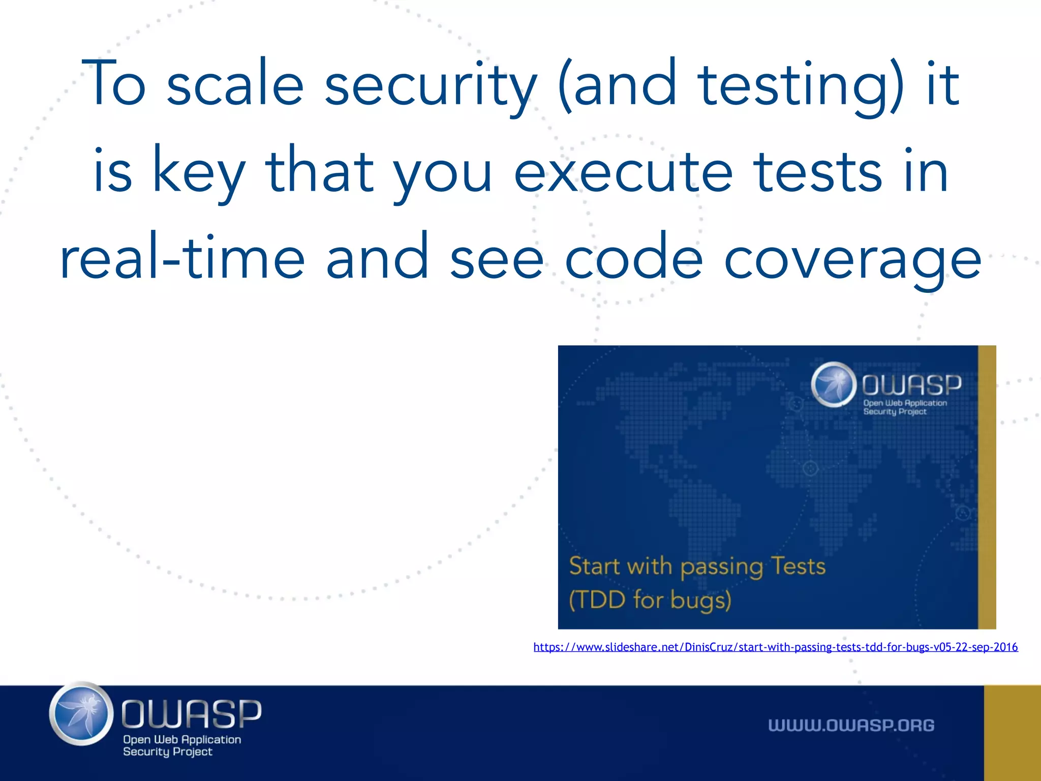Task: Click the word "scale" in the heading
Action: tap(235, 84)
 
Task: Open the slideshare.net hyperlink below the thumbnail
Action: tap(775, 647)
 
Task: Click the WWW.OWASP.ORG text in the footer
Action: tap(851, 725)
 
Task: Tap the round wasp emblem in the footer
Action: tap(81, 713)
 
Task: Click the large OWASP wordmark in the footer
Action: tap(191, 713)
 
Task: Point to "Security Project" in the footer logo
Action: tap(167, 752)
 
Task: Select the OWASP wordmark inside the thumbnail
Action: tap(911, 385)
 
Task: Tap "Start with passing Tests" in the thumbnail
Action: tap(697, 566)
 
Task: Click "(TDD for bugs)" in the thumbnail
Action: tap(650, 600)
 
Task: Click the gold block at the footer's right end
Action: tap(1012, 733)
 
